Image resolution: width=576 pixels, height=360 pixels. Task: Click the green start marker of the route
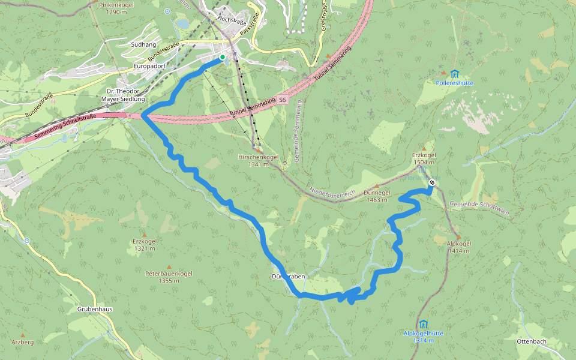(223, 58)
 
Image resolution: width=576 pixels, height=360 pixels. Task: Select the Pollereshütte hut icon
(454, 74)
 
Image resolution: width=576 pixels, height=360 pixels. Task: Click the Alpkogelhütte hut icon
(424, 324)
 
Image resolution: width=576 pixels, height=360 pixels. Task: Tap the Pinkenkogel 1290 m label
(116, 8)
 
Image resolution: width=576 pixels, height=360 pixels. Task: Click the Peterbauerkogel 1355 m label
(169, 277)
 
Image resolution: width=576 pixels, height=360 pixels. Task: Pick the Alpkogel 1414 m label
(459, 247)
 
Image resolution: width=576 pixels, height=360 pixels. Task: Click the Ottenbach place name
(531, 341)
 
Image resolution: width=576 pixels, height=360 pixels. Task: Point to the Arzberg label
(23, 342)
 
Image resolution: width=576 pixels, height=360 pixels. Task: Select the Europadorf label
(149, 65)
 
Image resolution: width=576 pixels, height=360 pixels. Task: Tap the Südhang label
(143, 44)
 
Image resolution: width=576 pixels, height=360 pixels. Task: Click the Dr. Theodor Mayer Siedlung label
(123, 95)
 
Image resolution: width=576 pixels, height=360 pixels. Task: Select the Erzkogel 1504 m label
(424, 158)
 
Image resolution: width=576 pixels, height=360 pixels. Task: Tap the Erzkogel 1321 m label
(145, 245)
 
